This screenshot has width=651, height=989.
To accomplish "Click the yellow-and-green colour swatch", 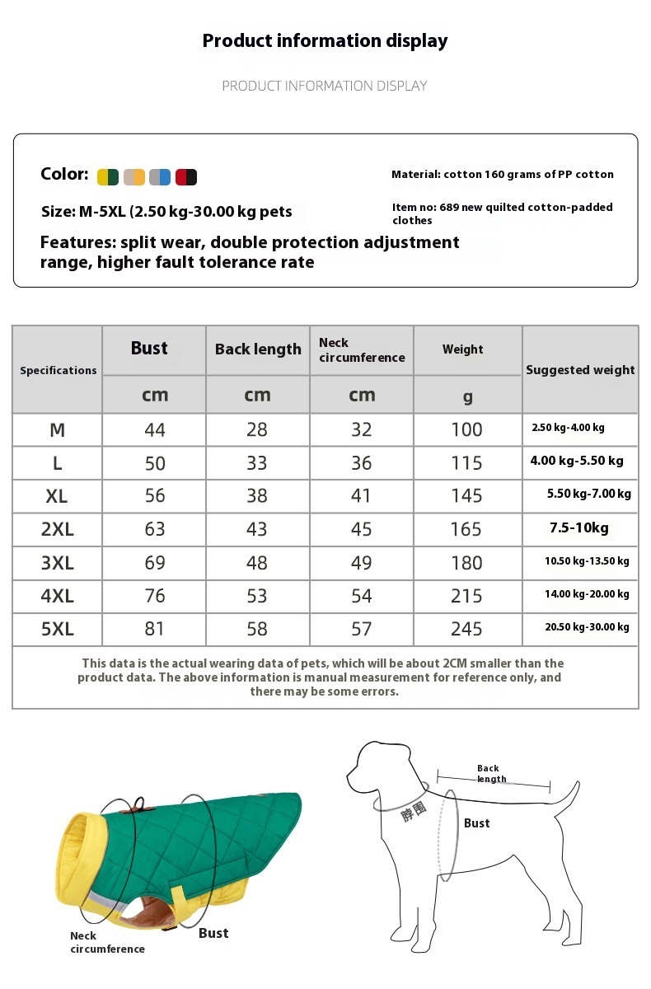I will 108,176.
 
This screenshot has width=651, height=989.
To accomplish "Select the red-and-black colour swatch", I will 186,176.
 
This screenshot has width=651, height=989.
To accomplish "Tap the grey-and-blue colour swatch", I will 160,176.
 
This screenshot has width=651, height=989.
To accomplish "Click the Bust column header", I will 149,349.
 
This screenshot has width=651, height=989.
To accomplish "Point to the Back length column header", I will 258,349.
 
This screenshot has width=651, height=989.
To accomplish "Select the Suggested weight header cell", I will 580,370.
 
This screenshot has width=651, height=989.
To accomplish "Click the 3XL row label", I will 57,563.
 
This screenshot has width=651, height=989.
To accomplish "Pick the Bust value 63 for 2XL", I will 155,529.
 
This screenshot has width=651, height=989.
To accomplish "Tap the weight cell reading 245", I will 466,629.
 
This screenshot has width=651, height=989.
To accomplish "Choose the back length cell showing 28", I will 257,429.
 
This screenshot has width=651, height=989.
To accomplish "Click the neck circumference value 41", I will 361,495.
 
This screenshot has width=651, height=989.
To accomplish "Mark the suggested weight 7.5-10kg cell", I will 579,528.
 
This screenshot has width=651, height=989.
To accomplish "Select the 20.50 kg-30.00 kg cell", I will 587,627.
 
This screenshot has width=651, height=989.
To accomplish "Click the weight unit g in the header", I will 467,396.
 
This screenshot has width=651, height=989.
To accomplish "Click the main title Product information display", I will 325,40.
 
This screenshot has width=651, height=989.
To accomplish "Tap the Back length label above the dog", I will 491,773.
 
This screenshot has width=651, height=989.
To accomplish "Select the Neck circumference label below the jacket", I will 107,942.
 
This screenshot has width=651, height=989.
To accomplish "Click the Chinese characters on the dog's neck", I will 414,813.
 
